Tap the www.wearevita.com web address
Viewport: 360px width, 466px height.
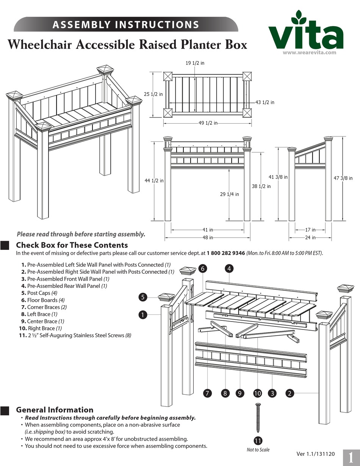(x=310, y=53)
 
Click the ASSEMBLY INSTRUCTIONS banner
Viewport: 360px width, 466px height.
(x=126, y=25)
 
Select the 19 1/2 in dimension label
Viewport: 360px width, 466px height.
(x=195, y=63)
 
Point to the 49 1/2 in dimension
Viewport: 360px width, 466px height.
(x=208, y=123)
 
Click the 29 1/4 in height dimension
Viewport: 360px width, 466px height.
(x=229, y=194)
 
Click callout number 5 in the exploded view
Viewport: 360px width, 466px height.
(x=142, y=297)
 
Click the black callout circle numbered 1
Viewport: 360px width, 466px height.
(x=142, y=314)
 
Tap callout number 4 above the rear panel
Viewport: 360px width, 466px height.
(x=229, y=268)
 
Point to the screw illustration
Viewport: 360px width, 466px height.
(x=258, y=417)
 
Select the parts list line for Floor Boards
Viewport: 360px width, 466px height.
(x=42, y=300)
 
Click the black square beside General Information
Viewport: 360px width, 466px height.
(x=5, y=411)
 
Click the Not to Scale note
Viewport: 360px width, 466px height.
(x=258, y=450)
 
